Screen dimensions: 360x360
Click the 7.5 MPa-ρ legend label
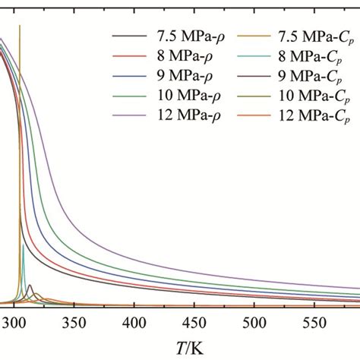(x=182, y=36)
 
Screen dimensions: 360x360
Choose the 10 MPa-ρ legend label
(x=181, y=96)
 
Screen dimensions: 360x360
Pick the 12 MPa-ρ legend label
(x=181, y=115)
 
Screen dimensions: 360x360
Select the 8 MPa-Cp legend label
(x=300, y=56)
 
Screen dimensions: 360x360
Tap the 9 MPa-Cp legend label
(x=300, y=76)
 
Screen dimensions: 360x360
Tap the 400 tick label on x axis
(x=134, y=322)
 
